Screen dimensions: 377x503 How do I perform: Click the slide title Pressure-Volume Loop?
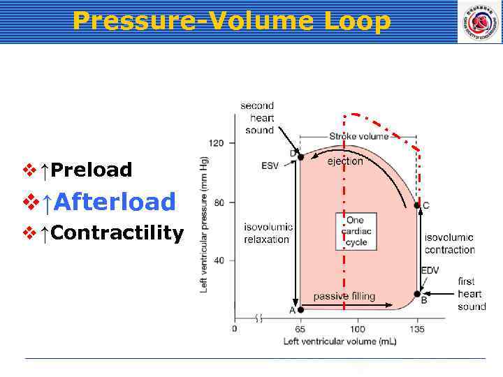pos(231,21)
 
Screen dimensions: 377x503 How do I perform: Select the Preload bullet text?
pos(92,170)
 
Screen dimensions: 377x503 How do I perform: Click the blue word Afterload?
pos(115,202)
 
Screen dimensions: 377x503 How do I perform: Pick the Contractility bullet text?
pos(117,232)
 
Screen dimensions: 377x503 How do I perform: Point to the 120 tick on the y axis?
pos(217,144)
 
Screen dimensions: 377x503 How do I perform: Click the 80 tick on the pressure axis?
pos(219,203)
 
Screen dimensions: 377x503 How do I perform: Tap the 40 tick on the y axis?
pos(219,260)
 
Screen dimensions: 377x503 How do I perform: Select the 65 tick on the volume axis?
pos(300,329)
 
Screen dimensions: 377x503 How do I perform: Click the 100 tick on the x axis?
pos(357,329)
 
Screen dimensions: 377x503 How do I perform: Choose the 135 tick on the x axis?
pos(417,329)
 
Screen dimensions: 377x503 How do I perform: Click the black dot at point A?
pos(300,309)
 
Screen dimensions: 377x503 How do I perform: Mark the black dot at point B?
pos(417,294)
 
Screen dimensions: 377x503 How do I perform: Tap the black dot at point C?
pos(417,205)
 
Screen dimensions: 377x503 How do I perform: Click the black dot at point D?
pos(300,157)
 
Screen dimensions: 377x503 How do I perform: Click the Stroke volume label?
pos(359,136)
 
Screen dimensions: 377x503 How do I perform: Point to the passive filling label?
pos(344,296)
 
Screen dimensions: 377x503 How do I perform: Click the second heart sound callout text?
pos(258,118)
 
